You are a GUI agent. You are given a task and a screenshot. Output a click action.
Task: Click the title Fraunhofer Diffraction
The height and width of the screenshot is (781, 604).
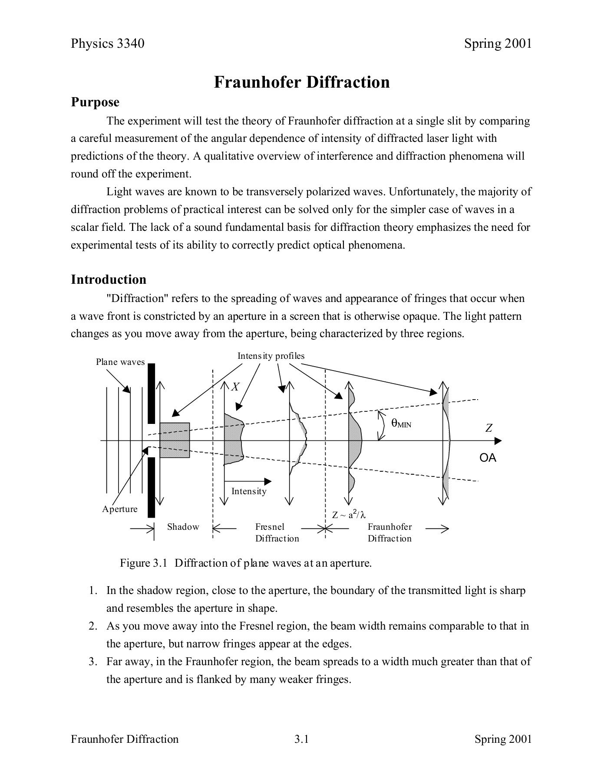tap(302, 82)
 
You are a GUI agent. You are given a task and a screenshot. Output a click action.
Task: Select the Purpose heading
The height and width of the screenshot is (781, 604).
tap(95, 102)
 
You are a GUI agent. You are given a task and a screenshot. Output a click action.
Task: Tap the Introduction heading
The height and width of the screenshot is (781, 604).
tap(109, 279)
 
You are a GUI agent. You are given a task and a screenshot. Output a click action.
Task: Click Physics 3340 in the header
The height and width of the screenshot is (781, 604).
tap(108, 43)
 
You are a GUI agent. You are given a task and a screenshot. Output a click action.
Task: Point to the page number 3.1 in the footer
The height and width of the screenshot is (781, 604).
tap(301, 739)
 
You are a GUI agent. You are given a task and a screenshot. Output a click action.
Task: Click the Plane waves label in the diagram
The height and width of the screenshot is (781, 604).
tap(120, 362)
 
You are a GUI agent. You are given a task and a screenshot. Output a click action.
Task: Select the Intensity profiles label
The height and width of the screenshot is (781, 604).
tap(271, 356)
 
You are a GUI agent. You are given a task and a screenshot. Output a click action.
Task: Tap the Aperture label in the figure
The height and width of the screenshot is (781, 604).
tap(120, 509)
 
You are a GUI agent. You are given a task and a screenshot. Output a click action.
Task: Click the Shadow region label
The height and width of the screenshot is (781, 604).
tap(183, 527)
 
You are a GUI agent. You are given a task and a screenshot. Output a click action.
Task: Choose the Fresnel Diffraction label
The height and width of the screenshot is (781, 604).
tap(277, 532)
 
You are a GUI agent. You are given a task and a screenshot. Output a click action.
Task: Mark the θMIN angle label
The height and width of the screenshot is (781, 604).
tap(401, 423)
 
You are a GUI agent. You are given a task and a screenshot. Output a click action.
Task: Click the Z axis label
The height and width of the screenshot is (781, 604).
tap(489, 429)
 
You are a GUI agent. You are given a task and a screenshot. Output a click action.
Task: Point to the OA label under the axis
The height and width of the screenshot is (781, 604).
tap(488, 458)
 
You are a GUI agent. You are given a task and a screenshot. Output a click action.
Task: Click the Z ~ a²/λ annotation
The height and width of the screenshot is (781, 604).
tap(349, 515)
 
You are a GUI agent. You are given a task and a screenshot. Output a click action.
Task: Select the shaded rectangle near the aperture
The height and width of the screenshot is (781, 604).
tap(175, 440)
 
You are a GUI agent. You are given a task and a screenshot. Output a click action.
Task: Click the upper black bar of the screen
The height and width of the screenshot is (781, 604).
tap(151, 394)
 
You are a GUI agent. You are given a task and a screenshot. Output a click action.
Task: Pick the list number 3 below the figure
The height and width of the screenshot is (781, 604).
tap(92, 662)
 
